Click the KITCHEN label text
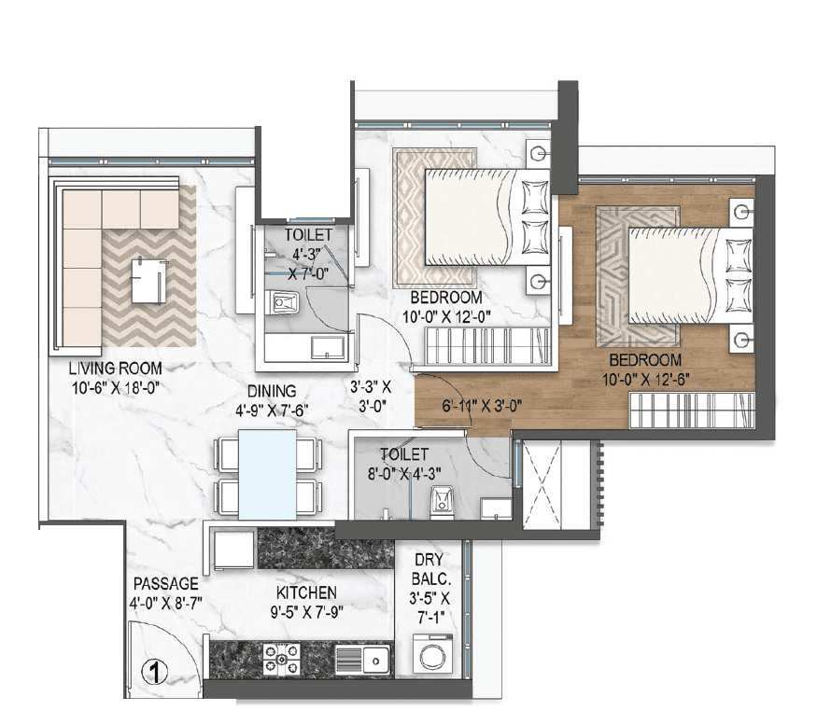point(306,593)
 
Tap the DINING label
point(272,391)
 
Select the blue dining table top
point(268,473)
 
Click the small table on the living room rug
point(150,279)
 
